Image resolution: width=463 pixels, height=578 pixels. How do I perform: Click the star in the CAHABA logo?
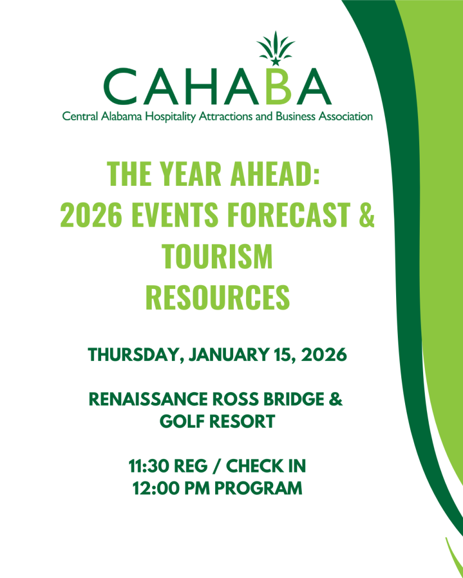275,61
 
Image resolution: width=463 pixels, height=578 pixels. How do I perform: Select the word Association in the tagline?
346,117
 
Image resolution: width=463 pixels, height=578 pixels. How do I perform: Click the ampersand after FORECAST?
366,214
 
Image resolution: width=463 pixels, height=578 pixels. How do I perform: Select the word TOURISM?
217,256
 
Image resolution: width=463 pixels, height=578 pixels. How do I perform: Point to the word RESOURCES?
217,297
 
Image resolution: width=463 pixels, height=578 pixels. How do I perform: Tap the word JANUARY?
229,355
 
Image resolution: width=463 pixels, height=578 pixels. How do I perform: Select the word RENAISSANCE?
149,399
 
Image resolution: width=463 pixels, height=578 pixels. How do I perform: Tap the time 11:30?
149,466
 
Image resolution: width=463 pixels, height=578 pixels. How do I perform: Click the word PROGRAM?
258,488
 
